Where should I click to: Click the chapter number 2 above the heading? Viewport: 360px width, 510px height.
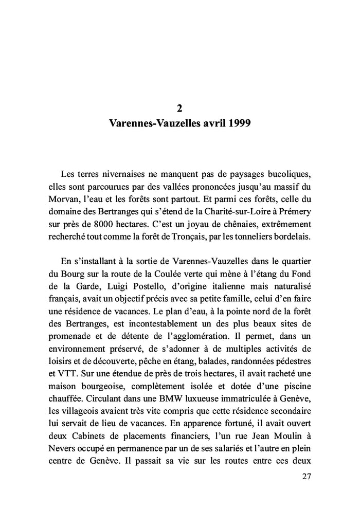[179, 108]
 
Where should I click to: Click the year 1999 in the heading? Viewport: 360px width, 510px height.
[236, 124]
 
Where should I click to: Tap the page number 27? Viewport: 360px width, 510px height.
[307, 477]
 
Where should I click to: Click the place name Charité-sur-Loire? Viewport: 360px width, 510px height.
[232, 211]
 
